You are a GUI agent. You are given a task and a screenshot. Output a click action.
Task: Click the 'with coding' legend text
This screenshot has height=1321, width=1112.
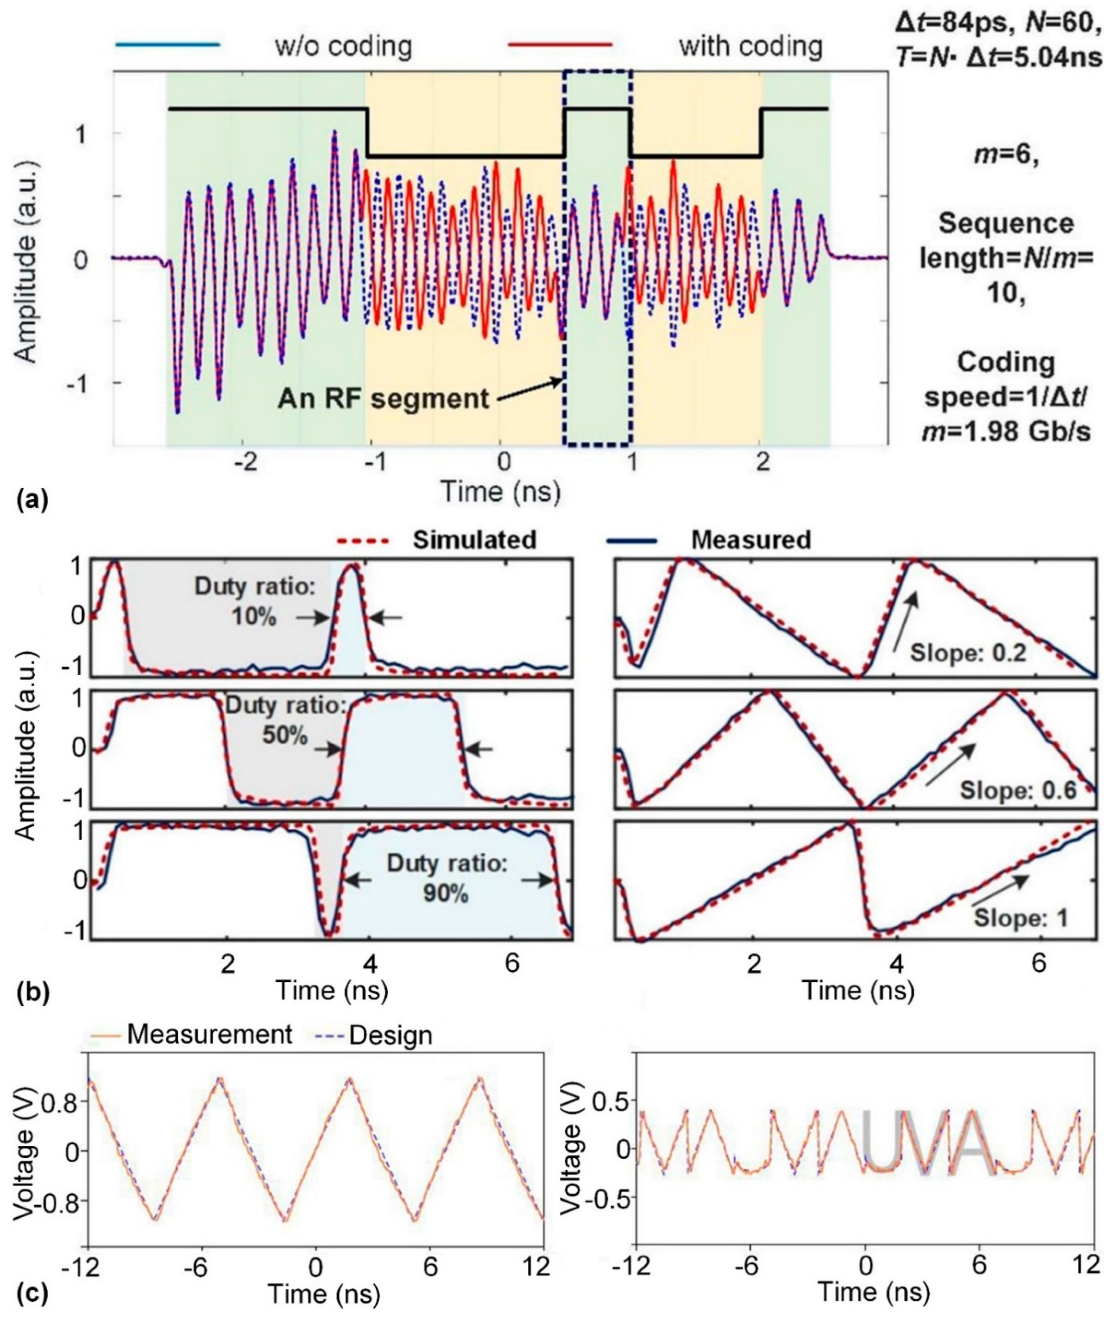pos(750,46)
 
